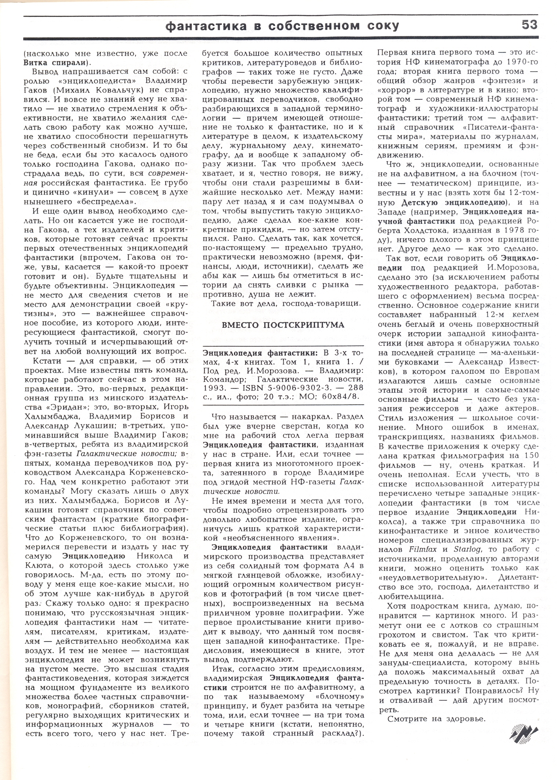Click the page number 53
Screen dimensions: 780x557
click(529, 25)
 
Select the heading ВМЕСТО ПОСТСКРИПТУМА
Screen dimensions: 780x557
click(283, 325)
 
